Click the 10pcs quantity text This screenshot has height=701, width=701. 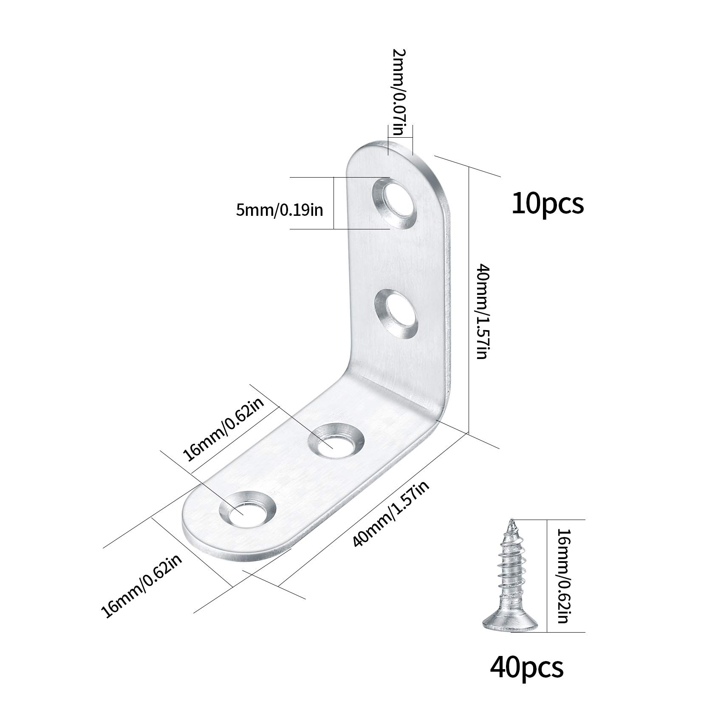548,204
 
